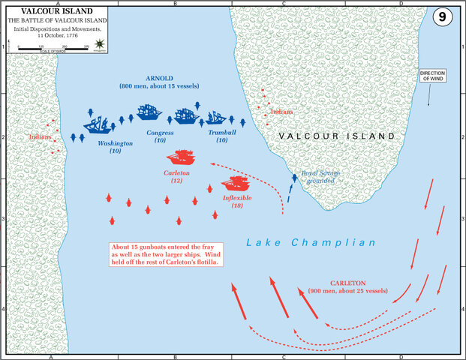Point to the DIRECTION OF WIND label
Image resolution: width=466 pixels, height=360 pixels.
pos(431,76)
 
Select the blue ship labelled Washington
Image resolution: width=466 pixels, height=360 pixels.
pos(98,124)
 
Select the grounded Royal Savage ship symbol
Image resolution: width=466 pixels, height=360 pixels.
pos(295,178)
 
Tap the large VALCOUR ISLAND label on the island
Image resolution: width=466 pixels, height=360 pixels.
pos(336,136)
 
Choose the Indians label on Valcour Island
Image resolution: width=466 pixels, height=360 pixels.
pos(282,112)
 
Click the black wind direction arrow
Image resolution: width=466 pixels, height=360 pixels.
pos(429,94)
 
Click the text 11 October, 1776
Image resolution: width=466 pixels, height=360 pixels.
pos(45,35)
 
